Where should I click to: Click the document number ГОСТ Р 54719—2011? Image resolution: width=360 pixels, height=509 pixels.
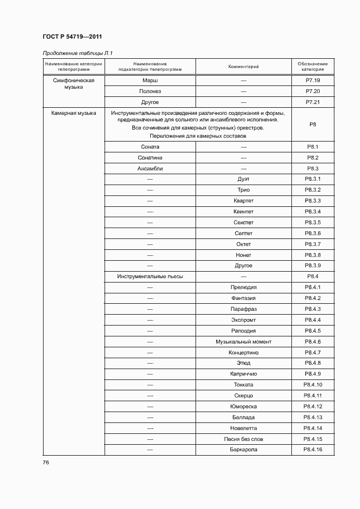coord(72,36)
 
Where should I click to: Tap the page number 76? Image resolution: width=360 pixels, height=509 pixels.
coord(46,462)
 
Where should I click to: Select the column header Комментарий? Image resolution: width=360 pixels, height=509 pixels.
coord(243,66)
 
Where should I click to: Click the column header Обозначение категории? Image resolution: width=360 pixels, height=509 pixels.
coord(313,66)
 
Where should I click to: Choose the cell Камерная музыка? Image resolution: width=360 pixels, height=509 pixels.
coord(70,113)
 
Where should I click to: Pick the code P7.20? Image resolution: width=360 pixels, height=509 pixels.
coord(313,91)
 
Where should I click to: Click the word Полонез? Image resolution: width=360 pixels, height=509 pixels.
coord(150,91)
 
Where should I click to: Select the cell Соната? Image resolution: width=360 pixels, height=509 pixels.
coord(150,147)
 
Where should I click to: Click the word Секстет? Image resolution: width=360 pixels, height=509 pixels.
coord(243,223)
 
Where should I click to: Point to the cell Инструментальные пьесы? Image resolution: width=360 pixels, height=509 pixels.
coord(150,277)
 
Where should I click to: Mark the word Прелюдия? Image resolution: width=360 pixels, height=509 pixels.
coord(243,287)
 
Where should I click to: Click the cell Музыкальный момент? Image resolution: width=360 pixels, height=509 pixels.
coord(243,342)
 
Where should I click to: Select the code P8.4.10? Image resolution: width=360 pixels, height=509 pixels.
coord(313,385)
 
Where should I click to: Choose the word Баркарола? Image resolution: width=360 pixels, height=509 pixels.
coord(243,450)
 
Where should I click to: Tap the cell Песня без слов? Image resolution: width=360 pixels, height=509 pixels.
coord(243,439)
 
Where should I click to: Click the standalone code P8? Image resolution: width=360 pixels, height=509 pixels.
coord(313,125)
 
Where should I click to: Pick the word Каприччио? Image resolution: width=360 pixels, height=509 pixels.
coord(243,374)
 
